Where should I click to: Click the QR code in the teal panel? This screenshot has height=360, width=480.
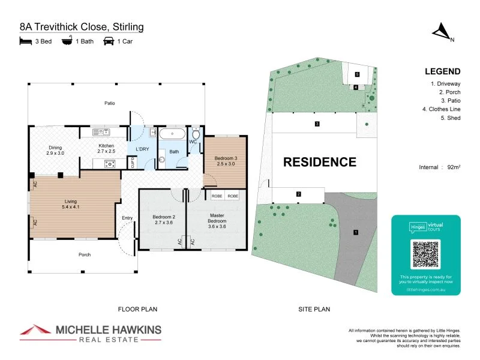(425, 254)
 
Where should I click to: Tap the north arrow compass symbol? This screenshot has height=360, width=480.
(443, 31)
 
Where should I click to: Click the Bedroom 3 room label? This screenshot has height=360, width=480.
(226, 161)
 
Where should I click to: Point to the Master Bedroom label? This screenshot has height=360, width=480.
(217, 217)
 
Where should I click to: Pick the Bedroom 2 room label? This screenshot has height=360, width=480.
(163, 219)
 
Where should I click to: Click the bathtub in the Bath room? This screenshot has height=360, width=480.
(173, 133)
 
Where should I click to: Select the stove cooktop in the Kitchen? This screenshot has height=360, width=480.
(109, 163)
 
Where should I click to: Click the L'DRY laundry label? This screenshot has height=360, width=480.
(142, 148)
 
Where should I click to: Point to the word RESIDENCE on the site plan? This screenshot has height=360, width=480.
(319, 162)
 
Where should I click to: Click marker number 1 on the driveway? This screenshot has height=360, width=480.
(355, 232)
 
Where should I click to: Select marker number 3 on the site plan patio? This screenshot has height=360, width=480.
(317, 124)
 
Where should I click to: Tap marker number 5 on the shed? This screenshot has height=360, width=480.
(357, 74)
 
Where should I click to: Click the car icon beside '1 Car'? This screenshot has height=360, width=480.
(109, 41)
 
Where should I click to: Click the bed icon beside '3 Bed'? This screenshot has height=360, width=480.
(25, 41)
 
